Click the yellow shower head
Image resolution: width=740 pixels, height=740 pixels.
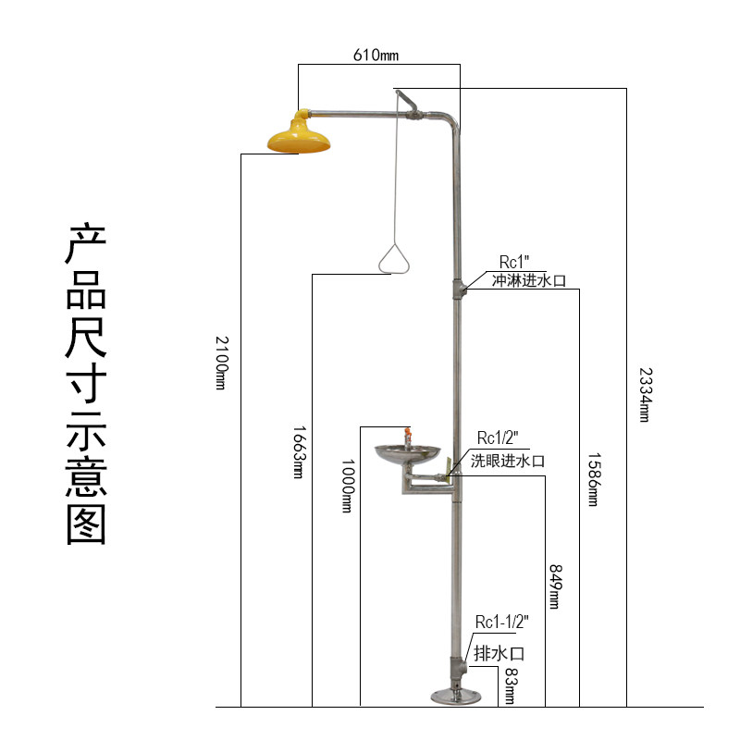click(299, 136)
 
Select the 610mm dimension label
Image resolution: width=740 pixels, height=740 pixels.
click(376, 55)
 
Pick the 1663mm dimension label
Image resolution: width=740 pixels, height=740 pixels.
click(298, 453)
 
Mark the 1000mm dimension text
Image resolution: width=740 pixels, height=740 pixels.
click(348, 487)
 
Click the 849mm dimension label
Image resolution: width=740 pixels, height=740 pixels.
click(555, 586)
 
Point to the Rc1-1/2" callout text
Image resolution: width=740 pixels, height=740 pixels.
click(502, 621)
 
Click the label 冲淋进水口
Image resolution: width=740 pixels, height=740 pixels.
click(528, 280)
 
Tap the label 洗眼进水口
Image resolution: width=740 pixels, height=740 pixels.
click(508, 460)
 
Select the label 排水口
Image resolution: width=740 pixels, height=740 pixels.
click(499, 653)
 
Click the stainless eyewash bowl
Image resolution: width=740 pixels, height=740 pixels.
click(406, 454)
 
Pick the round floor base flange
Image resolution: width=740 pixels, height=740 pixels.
click(456, 696)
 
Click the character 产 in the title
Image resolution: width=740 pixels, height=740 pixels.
click(87, 245)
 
